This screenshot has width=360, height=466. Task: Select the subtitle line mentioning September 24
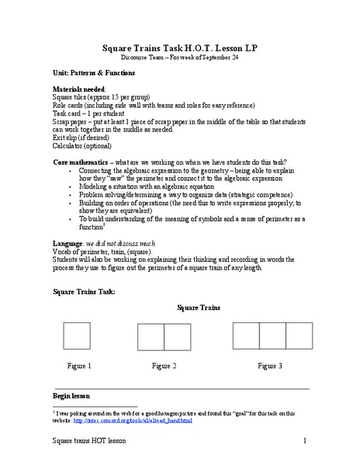tap(179, 58)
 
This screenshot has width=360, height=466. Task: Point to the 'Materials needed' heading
tap(78, 89)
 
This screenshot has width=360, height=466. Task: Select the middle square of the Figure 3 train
tap(272, 335)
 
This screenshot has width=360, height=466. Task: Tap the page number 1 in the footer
tap(306, 441)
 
